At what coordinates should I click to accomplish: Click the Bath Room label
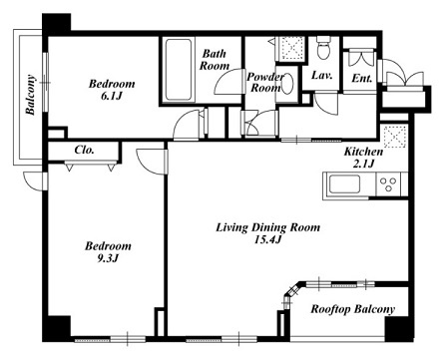(x=215, y=60)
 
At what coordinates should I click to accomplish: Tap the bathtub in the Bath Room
(x=179, y=70)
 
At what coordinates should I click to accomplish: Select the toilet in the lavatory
(x=323, y=48)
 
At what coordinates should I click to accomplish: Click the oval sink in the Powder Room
(x=287, y=83)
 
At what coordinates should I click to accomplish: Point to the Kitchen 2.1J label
(x=363, y=158)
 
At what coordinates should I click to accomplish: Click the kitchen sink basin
(x=344, y=184)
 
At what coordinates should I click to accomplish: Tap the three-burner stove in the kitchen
(x=388, y=184)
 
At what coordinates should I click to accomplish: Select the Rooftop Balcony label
(x=353, y=309)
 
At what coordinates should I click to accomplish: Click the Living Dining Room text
(x=268, y=227)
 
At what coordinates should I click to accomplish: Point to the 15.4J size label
(x=268, y=239)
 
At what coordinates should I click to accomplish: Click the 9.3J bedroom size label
(x=108, y=258)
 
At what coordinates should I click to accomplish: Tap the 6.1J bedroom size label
(x=112, y=96)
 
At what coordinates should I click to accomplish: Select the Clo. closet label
(x=84, y=150)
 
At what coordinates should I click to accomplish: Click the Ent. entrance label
(x=362, y=79)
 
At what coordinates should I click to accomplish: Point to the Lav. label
(x=322, y=75)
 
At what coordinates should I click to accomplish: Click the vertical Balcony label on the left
(x=31, y=95)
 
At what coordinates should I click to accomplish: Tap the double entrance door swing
(x=404, y=75)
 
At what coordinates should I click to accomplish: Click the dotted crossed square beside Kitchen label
(x=395, y=137)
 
